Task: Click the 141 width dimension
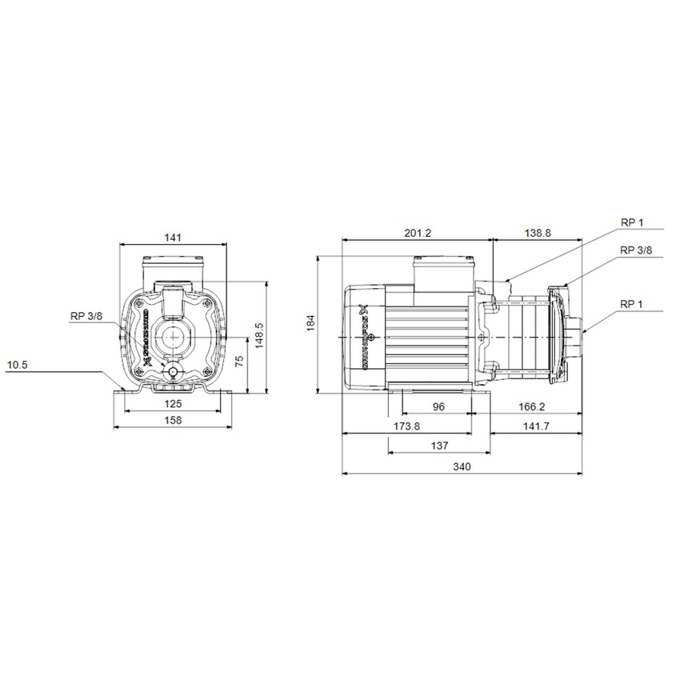(174, 237)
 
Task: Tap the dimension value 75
(238, 361)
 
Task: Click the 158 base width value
(173, 420)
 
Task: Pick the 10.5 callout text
(18, 365)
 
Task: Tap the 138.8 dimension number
(538, 233)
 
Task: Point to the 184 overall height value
(312, 323)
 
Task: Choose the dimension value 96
(438, 406)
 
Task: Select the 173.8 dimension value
(406, 426)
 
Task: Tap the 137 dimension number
(438, 445)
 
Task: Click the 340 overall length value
(462, 466)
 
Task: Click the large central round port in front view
(173, 336)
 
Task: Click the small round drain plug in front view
(173, 370)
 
